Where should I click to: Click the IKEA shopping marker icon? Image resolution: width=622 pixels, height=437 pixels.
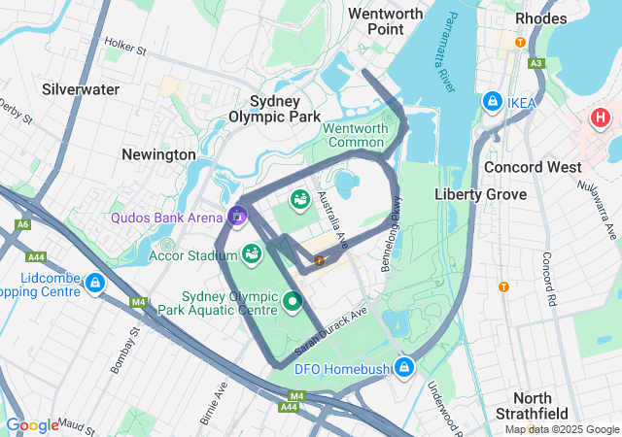[493, 102]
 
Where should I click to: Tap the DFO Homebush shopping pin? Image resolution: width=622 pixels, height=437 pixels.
[403, 367]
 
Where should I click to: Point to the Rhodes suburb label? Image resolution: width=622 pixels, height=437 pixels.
[541, 18]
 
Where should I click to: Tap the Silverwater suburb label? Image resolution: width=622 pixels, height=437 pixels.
[81, 89]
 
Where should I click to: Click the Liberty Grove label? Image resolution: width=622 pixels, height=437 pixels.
[480, 194]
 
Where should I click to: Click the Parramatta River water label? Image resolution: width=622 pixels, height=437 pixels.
[441, 67]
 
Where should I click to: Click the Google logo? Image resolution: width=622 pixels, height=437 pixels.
[32, 424]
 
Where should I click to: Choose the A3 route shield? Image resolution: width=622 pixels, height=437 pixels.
[537, 63]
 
